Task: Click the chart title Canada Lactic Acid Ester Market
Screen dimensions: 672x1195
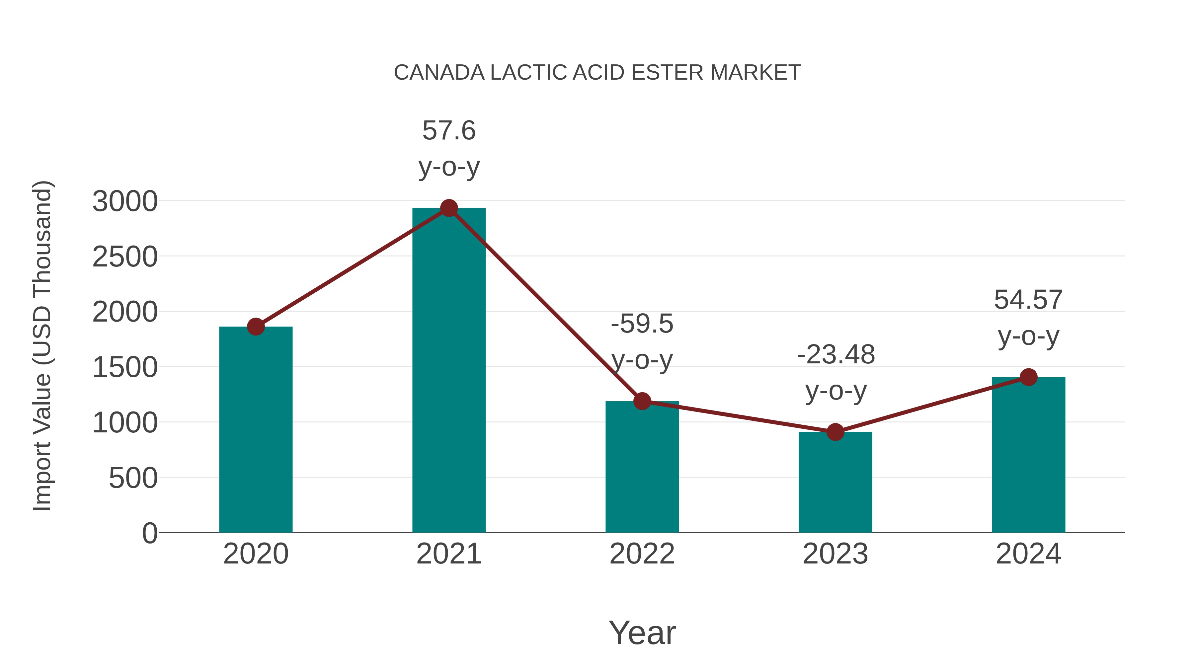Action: tap(597, 72)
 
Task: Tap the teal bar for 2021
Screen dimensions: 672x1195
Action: tap(448, 371)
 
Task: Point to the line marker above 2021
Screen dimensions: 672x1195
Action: tap(448, 208)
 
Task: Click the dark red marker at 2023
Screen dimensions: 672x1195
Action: tap(835, 432)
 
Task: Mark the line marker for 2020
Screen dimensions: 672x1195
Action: tap(256, 327)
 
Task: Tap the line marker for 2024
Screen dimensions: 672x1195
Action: tap(1028, 377)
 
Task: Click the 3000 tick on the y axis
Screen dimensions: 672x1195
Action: tap(125, 201)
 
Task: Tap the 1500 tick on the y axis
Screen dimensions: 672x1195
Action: tap(125, 367)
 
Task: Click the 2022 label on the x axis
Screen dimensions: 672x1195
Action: tap(642, 554)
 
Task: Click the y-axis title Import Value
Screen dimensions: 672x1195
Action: tap(42, 345)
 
